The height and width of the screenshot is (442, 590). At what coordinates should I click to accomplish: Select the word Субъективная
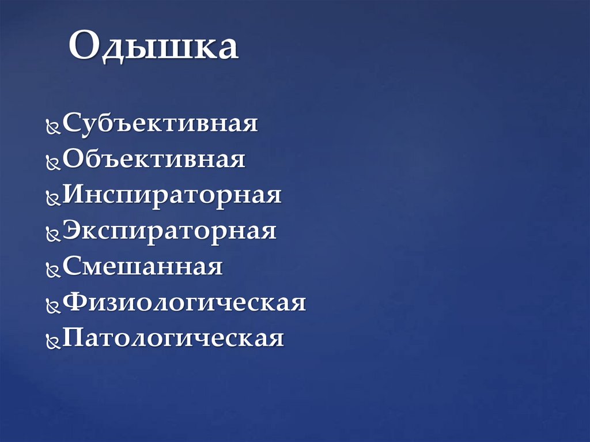tap(160, 123)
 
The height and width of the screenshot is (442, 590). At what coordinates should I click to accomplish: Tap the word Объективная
tap(154, 159)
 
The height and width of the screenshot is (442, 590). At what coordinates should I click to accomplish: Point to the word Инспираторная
tap(172, 195)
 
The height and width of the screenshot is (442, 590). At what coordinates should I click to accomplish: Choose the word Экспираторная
tap(169, 231)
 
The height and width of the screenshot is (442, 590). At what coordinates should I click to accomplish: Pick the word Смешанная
tap(142, 266)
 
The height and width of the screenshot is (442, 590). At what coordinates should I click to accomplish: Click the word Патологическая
tap(173, 338)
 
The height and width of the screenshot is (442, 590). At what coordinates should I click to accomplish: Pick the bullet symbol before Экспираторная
tap(53, 234)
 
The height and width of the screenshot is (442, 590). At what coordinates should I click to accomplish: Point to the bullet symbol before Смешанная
tap(53, 270)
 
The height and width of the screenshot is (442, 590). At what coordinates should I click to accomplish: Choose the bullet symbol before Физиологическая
tap(53, 305)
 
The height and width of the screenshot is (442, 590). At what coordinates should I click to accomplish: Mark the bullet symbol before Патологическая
tap(53, 341)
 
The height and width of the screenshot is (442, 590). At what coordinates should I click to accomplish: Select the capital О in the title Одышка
tap(84, 47)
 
